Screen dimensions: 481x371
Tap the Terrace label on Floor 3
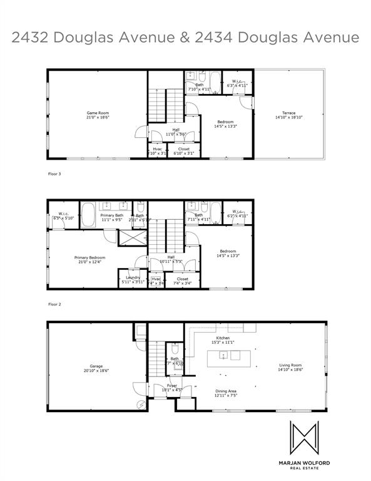pyautogui.click(x=288, y=113)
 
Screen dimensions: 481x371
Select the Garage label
pyautogui.click(x=96, y=366)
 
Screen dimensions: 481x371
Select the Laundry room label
pyautogui.click(x=132, y=277)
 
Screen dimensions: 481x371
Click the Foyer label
pyautogui.click(x=171, y=386)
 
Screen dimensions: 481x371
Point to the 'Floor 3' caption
pyautogui.click(x=55, y=173)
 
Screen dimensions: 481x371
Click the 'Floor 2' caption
pyautogui.click(x=55, y=304)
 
